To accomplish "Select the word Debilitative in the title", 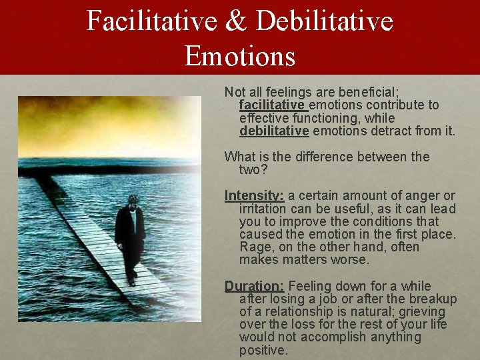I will (x=325, y=21).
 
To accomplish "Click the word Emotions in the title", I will (x=240, y=55).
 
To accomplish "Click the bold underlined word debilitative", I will (x=274, y=131).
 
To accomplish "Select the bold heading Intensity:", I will (x=254, y=195).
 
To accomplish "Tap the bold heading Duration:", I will (x=254, y=286).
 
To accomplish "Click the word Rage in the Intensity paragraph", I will (x=254, y=247).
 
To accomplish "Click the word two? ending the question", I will (x=253, y=169).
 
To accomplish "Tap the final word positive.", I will (x=263, y=350).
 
